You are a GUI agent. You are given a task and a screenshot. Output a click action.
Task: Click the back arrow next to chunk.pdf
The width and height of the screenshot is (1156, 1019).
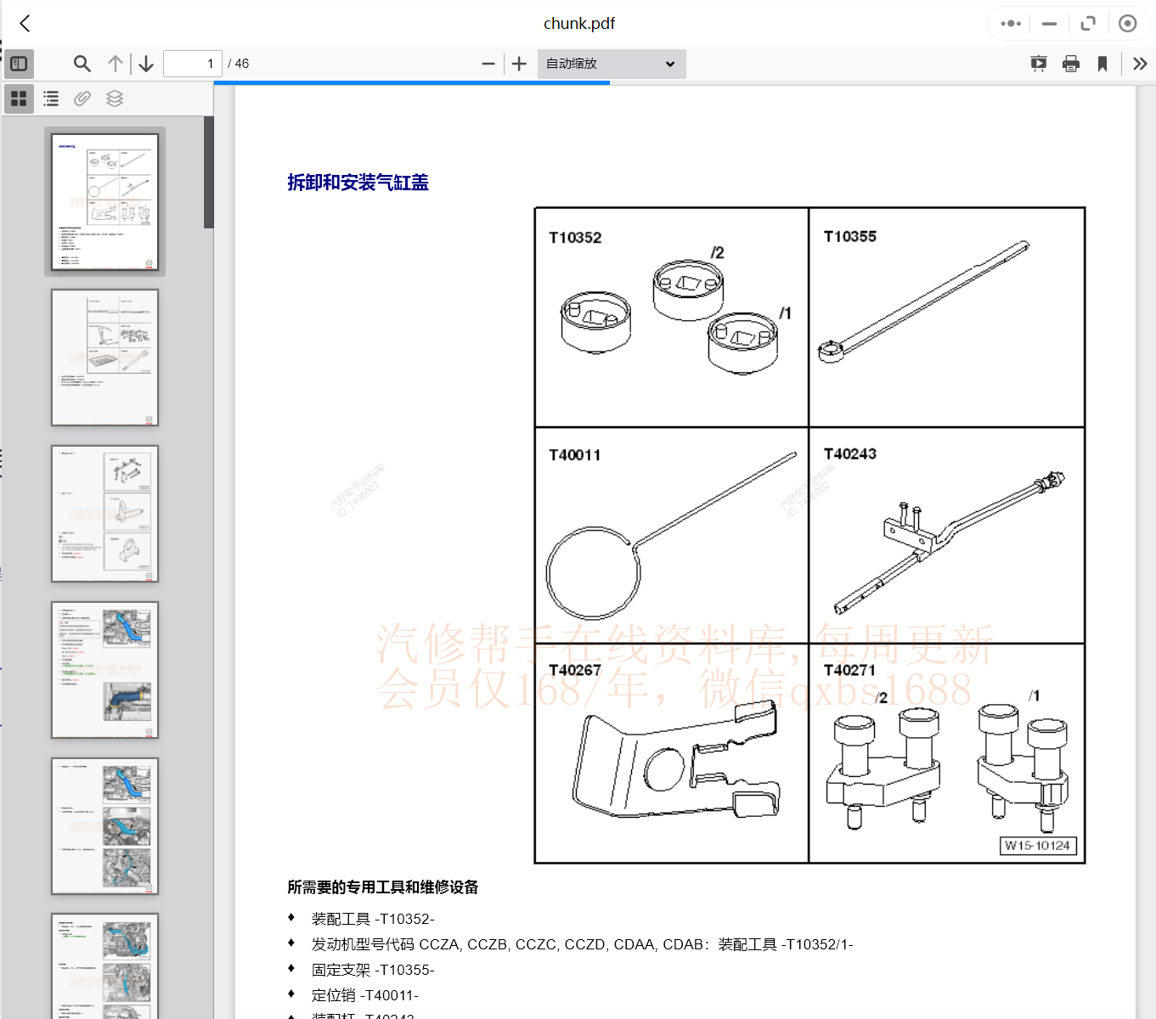click(x=25, y=24)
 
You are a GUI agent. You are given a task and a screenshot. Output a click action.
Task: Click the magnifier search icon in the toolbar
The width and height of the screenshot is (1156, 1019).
click(x=82, y=64)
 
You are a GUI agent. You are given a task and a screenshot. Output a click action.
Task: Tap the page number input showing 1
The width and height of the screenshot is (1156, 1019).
click(x=193, y=64)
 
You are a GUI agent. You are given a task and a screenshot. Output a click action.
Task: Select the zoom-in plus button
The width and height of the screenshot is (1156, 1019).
click(x=519, y=64)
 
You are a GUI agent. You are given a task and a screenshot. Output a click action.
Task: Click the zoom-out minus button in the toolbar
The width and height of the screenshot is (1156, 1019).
click(x=488, y=64)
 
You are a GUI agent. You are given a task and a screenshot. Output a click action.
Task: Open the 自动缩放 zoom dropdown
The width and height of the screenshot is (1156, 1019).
click(x=611, y=64)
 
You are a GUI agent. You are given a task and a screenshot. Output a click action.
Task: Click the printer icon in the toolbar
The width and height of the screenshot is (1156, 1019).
click(x=1071, y=64)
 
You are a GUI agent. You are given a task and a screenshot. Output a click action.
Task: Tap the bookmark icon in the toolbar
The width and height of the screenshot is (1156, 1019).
click(x=1102, y=64)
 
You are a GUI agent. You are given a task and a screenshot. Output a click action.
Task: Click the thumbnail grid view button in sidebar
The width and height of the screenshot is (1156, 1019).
click(x=19, y=99)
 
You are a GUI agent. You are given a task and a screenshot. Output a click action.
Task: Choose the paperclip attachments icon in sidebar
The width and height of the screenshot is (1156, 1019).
click(x=82, y=99)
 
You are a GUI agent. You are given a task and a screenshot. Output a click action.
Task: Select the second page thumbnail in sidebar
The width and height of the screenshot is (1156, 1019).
click(x=104, y=357)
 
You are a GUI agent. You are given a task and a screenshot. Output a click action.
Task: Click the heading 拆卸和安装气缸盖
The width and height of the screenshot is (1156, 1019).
click(x=358, y=183)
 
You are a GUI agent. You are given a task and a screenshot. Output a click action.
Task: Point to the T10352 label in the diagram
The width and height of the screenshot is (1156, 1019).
click(x=575, y=238)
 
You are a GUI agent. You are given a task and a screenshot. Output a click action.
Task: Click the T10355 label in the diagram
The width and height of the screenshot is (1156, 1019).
click(x=849, y=237)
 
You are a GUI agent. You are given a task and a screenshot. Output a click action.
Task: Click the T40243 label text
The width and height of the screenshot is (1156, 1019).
click(x=849, y=454)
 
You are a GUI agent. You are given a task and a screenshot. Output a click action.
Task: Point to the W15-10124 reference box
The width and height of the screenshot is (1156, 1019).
click(x=1037, y=846)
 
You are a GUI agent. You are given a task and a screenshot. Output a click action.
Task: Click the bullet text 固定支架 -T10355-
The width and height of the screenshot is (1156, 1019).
click(x=373, y=970)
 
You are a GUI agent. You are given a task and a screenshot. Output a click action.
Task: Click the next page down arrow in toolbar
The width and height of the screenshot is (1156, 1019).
click(x=146, y=64)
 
